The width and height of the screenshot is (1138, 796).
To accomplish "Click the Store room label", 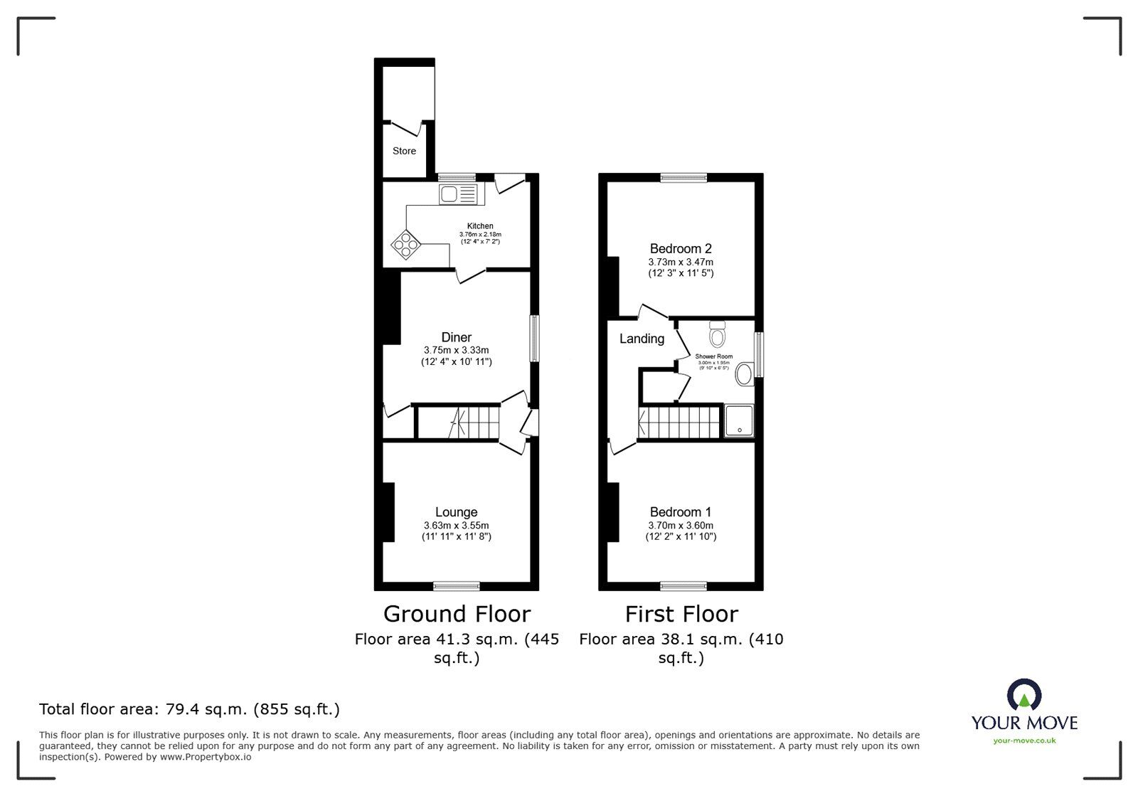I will tap(404, 151).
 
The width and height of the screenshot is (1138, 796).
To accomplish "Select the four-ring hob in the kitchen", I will tap(406, 245).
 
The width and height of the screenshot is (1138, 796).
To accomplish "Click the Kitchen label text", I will tap(480, 226).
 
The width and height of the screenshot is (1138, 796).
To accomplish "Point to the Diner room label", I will tap(456, 337).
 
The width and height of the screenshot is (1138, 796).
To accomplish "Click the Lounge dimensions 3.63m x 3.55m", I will tap(456, 525).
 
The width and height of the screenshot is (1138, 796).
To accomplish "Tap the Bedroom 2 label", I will tap(681, 248).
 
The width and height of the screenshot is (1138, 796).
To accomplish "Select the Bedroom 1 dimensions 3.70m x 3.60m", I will tap(681, 525).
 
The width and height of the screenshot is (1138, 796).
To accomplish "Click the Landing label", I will tap(642, 339).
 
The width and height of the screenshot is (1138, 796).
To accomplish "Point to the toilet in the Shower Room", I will tap(717, 333).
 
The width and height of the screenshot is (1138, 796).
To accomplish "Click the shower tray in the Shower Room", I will tap(739, 420).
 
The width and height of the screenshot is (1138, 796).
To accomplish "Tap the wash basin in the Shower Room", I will tap(744, 373).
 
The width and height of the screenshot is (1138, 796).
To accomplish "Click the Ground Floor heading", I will tap(457, 613).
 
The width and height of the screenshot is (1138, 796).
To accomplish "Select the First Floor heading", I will tap(681, 613).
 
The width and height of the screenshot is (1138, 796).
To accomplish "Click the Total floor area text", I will tap(189, 709).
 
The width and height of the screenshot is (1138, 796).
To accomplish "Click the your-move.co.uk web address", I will tap(1024, 741).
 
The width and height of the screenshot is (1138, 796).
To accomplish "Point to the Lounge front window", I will tap(456, 586).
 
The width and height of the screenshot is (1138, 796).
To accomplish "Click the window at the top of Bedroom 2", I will tap(683, 178).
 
